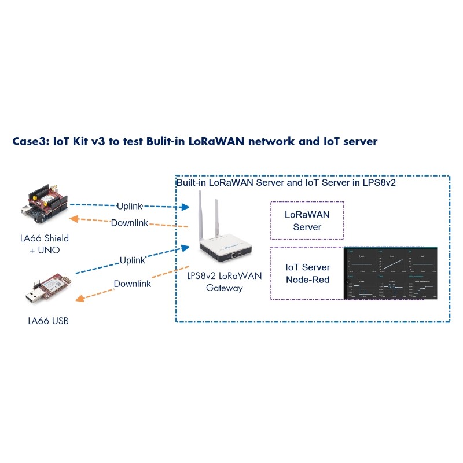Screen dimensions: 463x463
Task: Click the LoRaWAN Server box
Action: (x=307, y=221)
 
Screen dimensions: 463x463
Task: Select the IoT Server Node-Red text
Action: (x=307, y=273)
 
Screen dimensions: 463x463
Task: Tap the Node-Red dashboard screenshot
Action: (x=391, y=274)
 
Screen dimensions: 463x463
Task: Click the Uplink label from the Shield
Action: (x=129, y=206)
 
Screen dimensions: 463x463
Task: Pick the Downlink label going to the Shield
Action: (x=129, y=223)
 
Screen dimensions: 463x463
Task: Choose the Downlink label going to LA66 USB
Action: (x=132, y=284)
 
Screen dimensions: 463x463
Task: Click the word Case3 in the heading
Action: (x=30, y=141)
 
